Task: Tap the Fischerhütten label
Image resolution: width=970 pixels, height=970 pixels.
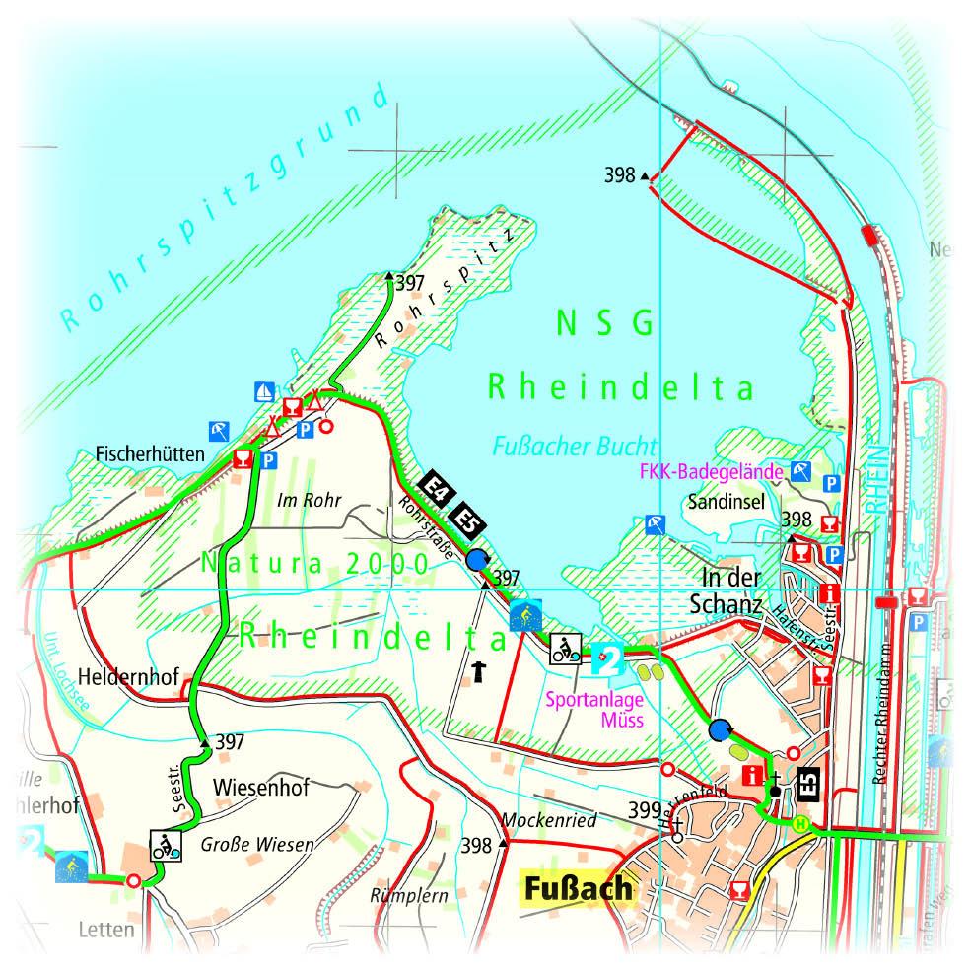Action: pyautogui.click(x=149, y=455)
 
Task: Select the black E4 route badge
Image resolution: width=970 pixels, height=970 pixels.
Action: pyautogui.click(x=434, y=487)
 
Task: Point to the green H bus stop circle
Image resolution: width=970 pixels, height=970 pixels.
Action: pyautogui.click(x=802, y=824)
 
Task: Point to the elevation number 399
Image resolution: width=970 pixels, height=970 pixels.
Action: pyautogui.click(x=644, y=809)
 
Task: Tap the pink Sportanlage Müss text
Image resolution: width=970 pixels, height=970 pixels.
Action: pyautogui.click(x=595, y=709)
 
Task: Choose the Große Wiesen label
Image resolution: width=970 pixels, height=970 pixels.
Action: pyautogui.click(x=257, y=844)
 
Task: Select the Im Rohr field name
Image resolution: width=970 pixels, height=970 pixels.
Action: pyautogui.click(x=309, y=500)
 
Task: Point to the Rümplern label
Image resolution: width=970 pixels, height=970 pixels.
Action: pyautogui.click(x=408, y=896)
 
